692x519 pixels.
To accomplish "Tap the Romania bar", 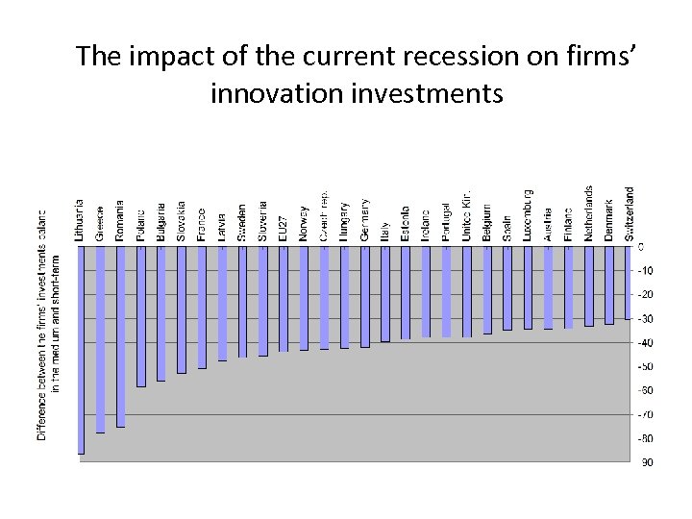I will [x=120, y=335].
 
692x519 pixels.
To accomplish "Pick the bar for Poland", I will [x=140, y=316].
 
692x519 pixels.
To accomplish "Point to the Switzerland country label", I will [x=630, y=212].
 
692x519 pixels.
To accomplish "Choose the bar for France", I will [x=202, y=307].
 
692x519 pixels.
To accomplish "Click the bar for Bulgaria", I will [x=161, y=313].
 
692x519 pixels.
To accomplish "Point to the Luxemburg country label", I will [x=528, y=214].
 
